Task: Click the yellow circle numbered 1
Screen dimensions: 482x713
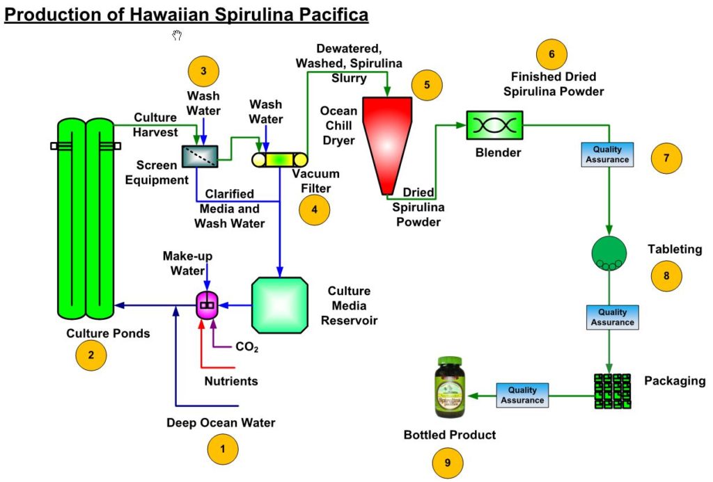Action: [x=223, y=449]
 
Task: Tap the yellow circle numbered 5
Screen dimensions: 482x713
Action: [x=427, y=85]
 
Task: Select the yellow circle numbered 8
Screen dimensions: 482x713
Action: [x=666, y=275]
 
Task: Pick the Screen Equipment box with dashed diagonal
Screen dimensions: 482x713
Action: [x=199, y=156]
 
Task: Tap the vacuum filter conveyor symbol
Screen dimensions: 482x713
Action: [x=279, y=159]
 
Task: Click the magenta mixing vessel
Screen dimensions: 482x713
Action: [x=207, y=305]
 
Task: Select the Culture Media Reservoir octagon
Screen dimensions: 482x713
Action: [x=280, y=305]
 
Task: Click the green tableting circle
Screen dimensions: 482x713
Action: [x=609, y=252]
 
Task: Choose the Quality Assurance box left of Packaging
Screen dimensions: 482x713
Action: [x=522, y=395]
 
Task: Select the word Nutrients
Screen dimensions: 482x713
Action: [x=230, y=381]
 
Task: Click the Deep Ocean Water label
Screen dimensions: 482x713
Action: [x=221, y=422]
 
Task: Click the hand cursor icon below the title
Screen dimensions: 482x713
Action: [x=177, y=35]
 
